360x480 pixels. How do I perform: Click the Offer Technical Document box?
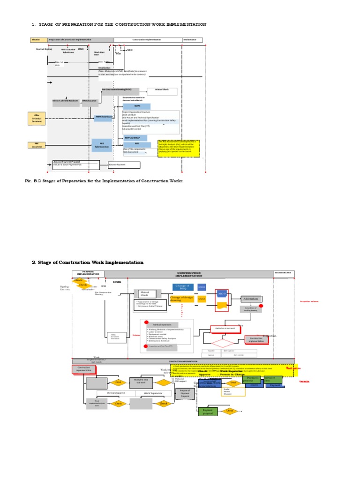tap(37, 118)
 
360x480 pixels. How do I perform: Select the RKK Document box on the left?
tap(37, 145)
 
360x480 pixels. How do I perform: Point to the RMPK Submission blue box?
tap(103, 117)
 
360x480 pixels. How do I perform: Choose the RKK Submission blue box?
tap(102, 145)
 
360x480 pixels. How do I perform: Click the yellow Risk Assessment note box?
tap(178, 148)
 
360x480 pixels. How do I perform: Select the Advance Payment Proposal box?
tap(76, 165)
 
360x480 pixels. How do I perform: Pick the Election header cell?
tap(36, 40)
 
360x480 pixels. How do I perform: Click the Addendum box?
tap(252, 299)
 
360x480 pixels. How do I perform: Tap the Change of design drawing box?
tap(181, 299)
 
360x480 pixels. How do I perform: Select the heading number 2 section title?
tap(88, 262)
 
